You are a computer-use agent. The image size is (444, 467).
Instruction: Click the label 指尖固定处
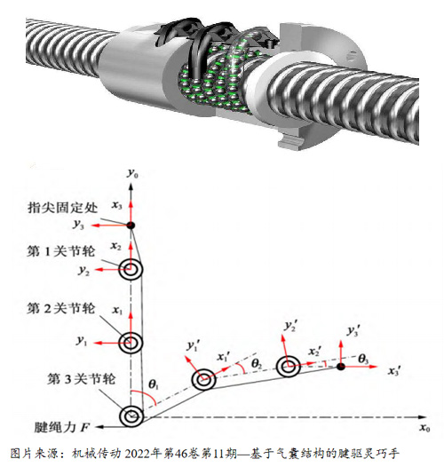tap(62, 208)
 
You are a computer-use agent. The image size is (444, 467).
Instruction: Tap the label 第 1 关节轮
tap(61, 251)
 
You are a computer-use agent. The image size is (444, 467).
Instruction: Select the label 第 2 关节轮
tap(61, 308)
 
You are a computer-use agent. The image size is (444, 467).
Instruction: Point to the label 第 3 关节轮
tap(81, 379)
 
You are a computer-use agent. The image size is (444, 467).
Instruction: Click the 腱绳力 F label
tap(62, 427)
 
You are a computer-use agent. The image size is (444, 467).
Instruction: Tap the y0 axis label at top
tap(132, 173)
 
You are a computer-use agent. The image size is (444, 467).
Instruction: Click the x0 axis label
tap(424, 428)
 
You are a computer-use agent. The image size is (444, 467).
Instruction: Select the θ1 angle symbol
tap(153, 384)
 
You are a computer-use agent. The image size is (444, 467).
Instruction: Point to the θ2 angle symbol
tap(257, 363)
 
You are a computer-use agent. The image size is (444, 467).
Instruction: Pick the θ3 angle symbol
tap(363, 359)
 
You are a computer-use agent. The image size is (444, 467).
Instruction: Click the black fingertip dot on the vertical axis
tap(131, 226)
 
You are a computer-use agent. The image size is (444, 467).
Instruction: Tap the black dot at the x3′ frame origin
tap(341, 367)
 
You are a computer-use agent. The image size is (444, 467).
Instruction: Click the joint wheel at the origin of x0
tap(131, 416)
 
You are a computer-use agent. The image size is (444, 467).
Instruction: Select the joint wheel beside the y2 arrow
tap(131, 269)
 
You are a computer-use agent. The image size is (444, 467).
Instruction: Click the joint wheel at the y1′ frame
tap(204, 379)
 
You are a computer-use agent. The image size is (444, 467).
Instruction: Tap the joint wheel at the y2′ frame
tap(288, 367)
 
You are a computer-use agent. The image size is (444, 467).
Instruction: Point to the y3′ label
tap(353, 331)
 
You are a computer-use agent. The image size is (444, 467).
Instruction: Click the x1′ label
tap(224, 357)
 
